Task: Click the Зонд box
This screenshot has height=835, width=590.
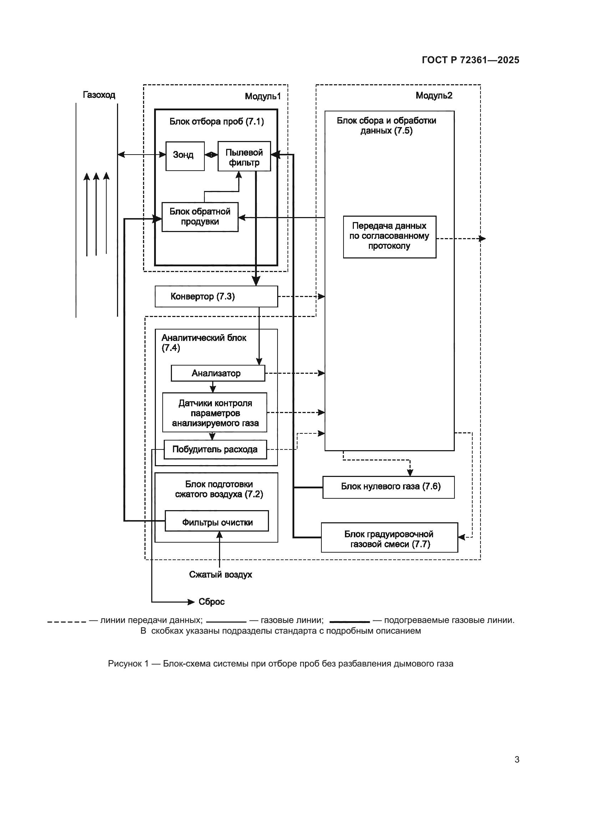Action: [x=185, y=156]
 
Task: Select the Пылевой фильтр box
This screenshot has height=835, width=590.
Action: [x=244, y=156]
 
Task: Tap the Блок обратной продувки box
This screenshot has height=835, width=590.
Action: [x=200, y=217]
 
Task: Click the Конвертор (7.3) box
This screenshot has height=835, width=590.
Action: [x=216, y=296]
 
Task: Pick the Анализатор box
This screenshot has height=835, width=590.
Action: [x=218, y=373]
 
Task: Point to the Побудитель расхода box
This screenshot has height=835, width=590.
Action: [x=215, y=449]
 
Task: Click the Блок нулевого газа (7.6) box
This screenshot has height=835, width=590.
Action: [x=388, y=487]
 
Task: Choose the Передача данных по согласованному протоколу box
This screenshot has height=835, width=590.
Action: [x=390, y=237]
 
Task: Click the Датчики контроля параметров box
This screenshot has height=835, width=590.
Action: [x=215, y=412]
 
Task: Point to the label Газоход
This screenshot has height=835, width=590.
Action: [x=99, y=95]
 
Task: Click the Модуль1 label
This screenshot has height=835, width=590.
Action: [x=263, y=96]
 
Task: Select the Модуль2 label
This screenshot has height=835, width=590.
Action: [x=434, y=96]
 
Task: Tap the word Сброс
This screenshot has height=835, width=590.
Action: [x=212, y=602]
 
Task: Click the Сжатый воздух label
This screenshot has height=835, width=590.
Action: [x=220, y=575]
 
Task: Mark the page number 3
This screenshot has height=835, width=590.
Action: [x=517, y=759]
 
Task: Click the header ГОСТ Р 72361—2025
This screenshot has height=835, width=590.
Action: [x=470, y=60]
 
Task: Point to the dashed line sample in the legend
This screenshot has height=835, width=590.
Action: [x=66, y=622]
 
